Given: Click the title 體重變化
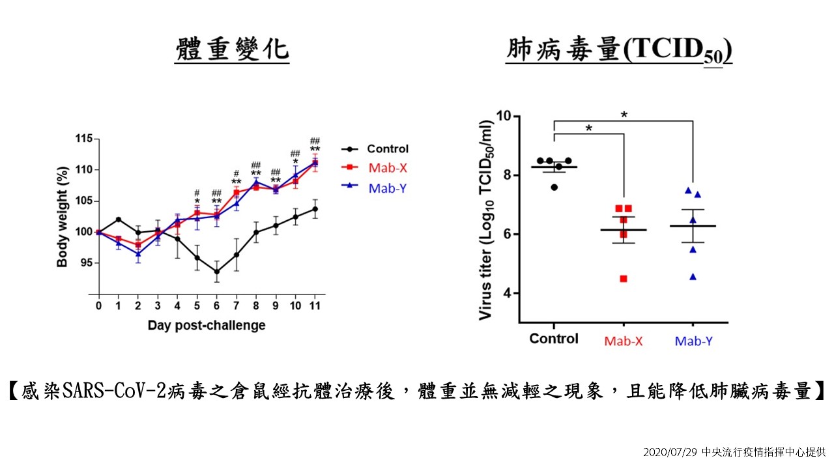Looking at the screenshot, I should tap(232, 50).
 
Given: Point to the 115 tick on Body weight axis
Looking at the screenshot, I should tap(83, 139).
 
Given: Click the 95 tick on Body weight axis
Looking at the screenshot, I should tap(86, 263).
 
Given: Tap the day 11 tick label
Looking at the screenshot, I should tap(315, 306).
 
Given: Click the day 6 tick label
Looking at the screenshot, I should tap(216, 306).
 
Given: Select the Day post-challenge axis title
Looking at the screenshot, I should tap(207, 325).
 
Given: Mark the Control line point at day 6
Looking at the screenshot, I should tap(216, 272).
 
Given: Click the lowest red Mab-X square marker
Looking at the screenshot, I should tap(623, 279).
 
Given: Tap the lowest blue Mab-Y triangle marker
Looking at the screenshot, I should tap(693, 277).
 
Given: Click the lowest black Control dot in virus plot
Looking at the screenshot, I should tap(554, 187).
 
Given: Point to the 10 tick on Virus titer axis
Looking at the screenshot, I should tap(503, 116).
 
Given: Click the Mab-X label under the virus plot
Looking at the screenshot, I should tap(623, 341).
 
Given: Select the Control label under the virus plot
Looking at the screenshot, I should tap(553, 339).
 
